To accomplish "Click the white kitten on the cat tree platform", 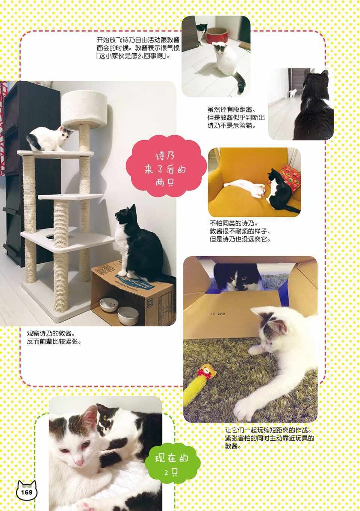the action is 49,138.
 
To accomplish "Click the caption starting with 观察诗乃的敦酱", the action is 54,337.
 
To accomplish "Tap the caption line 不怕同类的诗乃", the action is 234,223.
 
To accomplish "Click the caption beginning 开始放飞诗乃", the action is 138,48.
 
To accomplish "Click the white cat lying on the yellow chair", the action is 245,187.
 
